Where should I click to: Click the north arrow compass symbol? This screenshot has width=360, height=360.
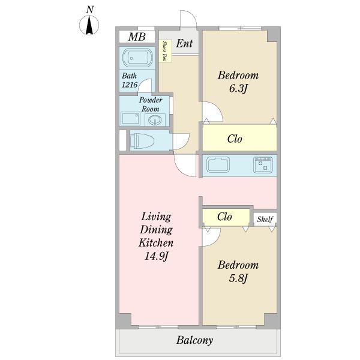(89, 25)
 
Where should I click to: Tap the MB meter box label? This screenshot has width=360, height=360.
(137, 37)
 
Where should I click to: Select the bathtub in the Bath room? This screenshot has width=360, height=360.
(137, 58)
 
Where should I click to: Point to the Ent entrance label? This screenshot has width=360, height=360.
(184, 43)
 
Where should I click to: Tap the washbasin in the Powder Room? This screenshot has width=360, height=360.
(155, 119)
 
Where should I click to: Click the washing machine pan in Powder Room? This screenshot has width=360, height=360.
(130, 119)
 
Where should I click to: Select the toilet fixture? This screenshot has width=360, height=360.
(143, 140)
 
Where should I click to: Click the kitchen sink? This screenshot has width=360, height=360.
(218, 165)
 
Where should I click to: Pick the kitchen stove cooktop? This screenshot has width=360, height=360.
(263, 164)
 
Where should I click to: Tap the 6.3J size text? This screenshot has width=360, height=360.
(238, 89)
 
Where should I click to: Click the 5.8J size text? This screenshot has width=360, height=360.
(238, 278)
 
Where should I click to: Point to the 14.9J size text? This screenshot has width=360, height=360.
(157, 256)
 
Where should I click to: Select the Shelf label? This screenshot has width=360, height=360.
(265, 219)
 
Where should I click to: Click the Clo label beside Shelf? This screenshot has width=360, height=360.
(224, 217)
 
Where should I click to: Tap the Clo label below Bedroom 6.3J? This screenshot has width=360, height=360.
(235, 139)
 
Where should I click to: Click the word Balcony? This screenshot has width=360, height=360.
(194, 340)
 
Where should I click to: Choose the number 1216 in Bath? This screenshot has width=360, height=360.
(129, 85)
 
